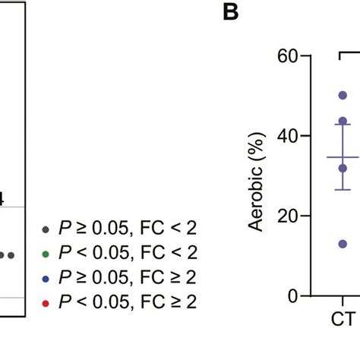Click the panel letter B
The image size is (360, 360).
[x=232, y=13]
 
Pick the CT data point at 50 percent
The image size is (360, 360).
[x=343, y=96]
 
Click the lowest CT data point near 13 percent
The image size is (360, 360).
[x=343, y=244]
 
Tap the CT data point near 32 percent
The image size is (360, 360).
[x=343, y=168]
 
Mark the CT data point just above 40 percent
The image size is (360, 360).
[x=343, y=122]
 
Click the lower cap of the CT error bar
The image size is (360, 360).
[x=343, y=189]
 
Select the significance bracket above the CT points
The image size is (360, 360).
[x=348, y=52]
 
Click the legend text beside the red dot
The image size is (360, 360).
[x=127, y=302]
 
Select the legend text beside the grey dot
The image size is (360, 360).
[x=127, y=228]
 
